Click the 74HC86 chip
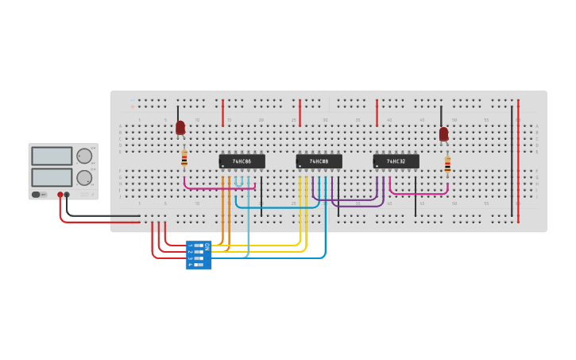242,161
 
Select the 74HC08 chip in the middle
319,161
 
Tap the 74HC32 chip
396,161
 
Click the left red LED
180,127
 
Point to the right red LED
443,134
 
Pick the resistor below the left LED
184,159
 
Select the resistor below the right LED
447,165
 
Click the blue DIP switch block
198,255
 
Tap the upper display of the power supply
52,156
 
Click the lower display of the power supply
52,177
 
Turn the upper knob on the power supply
83,155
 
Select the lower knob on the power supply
83,177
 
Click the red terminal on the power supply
60,195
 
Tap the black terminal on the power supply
67,195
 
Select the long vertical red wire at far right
518,159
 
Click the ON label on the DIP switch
207,246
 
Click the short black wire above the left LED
178,112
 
